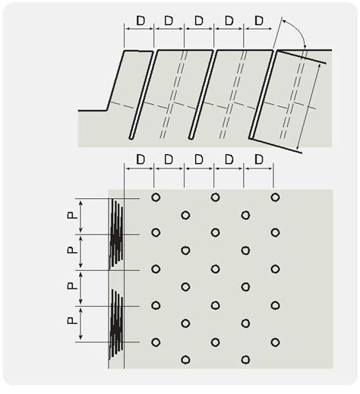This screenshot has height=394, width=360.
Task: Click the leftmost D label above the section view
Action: (x=141, y=20)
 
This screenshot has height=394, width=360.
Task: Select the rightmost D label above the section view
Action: (x=259, y=20)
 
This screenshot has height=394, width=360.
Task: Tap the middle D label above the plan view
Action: (x=199, y=159)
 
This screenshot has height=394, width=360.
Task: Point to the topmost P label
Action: (x=72, y=215)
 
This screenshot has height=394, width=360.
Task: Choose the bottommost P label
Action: (x=72, y=321)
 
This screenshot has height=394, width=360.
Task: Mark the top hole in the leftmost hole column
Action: (x=156, y=197)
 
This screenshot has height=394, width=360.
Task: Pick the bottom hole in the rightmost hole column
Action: (x=275, y=342)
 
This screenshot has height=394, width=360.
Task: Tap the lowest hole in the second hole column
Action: (x=185, y=360)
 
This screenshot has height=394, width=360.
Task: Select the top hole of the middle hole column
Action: (x=215, y=197)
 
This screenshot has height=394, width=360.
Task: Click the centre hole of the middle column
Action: (x=215, y=269)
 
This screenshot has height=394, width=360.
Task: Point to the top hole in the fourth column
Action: (x=245, y=215)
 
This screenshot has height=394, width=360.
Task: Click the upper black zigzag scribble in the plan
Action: (x=116, y=234)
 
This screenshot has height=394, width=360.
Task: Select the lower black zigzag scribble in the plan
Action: (x=116, y=324)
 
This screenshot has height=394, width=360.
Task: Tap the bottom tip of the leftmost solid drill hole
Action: (x=131, y=138)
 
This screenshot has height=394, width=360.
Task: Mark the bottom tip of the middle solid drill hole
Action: (x=191, y=138)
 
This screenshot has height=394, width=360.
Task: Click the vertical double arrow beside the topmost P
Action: (x=81, y=216)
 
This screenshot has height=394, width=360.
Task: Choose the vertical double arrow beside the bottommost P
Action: (x=81, y=324)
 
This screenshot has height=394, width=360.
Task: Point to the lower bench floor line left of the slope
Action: (x=93, y=111)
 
